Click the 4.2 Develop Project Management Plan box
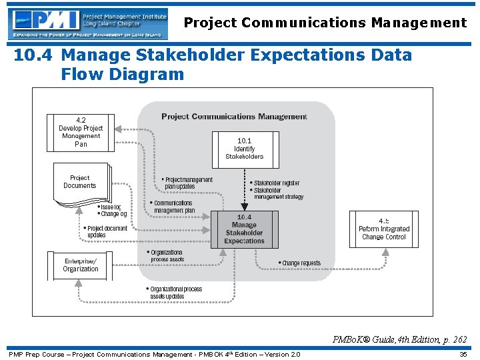[x=81, y=132]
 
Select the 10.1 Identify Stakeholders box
[x=245, y=149]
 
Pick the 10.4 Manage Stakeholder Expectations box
[x=244, y=229]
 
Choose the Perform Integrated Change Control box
[x=384, y=229]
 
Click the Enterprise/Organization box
[x=81, y=265]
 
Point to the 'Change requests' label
[x=301, y=263]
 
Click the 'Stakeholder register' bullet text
[x=277, y=183]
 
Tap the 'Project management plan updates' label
[x=188, y=183]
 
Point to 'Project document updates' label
[x=106, y=231]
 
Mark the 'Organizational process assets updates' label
[x=175, y=293]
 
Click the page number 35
[x=463, y=354]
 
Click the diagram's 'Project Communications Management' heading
[x=234, y=116]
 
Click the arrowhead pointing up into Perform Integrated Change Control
[x=385, y=252]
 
